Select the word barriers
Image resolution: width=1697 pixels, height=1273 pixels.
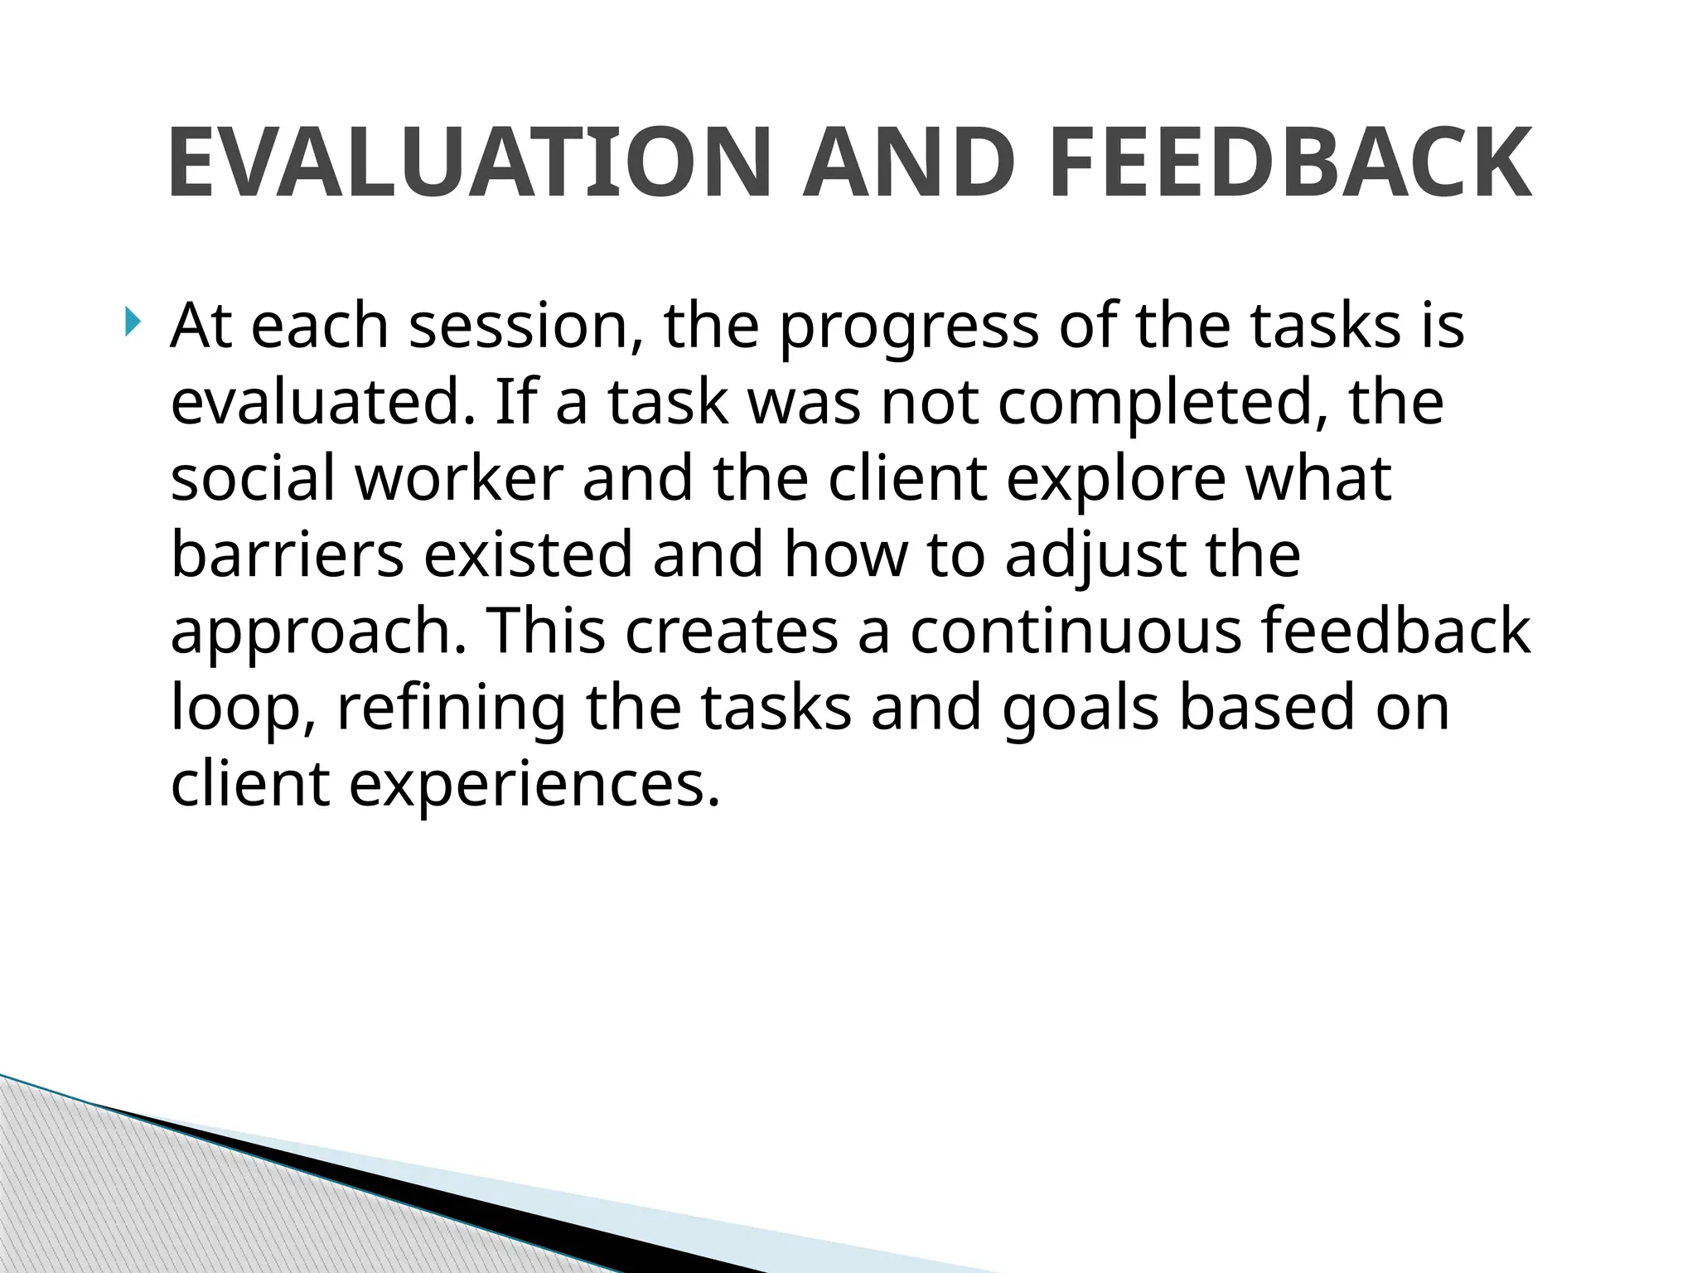[x=288, y=554]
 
